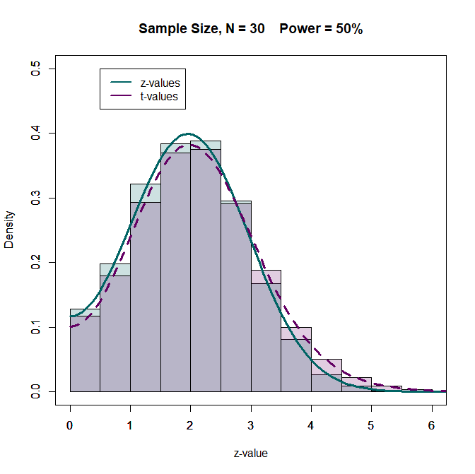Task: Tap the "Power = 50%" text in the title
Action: click(321, 29)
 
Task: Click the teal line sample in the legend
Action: click(119, 83)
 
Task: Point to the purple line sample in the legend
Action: click(119, 96)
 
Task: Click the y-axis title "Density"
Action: click(9, 230)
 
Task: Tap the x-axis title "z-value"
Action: click(251, 453)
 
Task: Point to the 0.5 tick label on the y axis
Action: click(35, 69)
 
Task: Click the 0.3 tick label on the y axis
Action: click(35, 198)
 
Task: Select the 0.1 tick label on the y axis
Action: click(35, 327)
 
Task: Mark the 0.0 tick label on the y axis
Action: click(35, 391)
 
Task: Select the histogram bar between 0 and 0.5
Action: click(85, 353)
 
